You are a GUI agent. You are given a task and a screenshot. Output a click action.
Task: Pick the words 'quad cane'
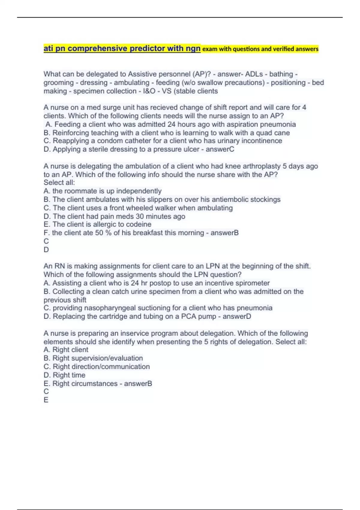point(273,133)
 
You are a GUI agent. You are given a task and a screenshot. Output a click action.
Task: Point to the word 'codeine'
point(138,224)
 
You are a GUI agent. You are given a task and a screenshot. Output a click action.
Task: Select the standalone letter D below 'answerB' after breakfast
point(46,250)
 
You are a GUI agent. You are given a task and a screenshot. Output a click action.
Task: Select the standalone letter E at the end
point(46,400)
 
